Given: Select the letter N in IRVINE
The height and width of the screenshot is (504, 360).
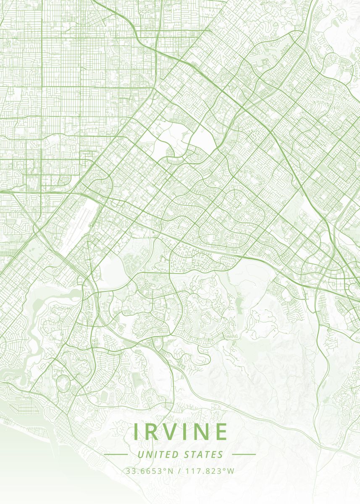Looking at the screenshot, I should coord(202,431).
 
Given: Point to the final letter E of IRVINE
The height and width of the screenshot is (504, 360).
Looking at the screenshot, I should coord(221,431).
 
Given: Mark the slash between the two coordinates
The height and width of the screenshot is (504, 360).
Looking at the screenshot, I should coord(180,471).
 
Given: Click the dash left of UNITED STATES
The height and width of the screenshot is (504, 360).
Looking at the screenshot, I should coord(116,454).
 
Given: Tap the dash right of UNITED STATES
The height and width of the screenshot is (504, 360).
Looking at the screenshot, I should coord(244,454).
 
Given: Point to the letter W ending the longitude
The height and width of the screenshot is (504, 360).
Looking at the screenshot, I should coord(231,471).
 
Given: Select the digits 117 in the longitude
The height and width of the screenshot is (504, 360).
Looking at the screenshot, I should coord(192,471).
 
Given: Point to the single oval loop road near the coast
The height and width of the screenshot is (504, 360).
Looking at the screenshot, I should coord(63,380).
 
